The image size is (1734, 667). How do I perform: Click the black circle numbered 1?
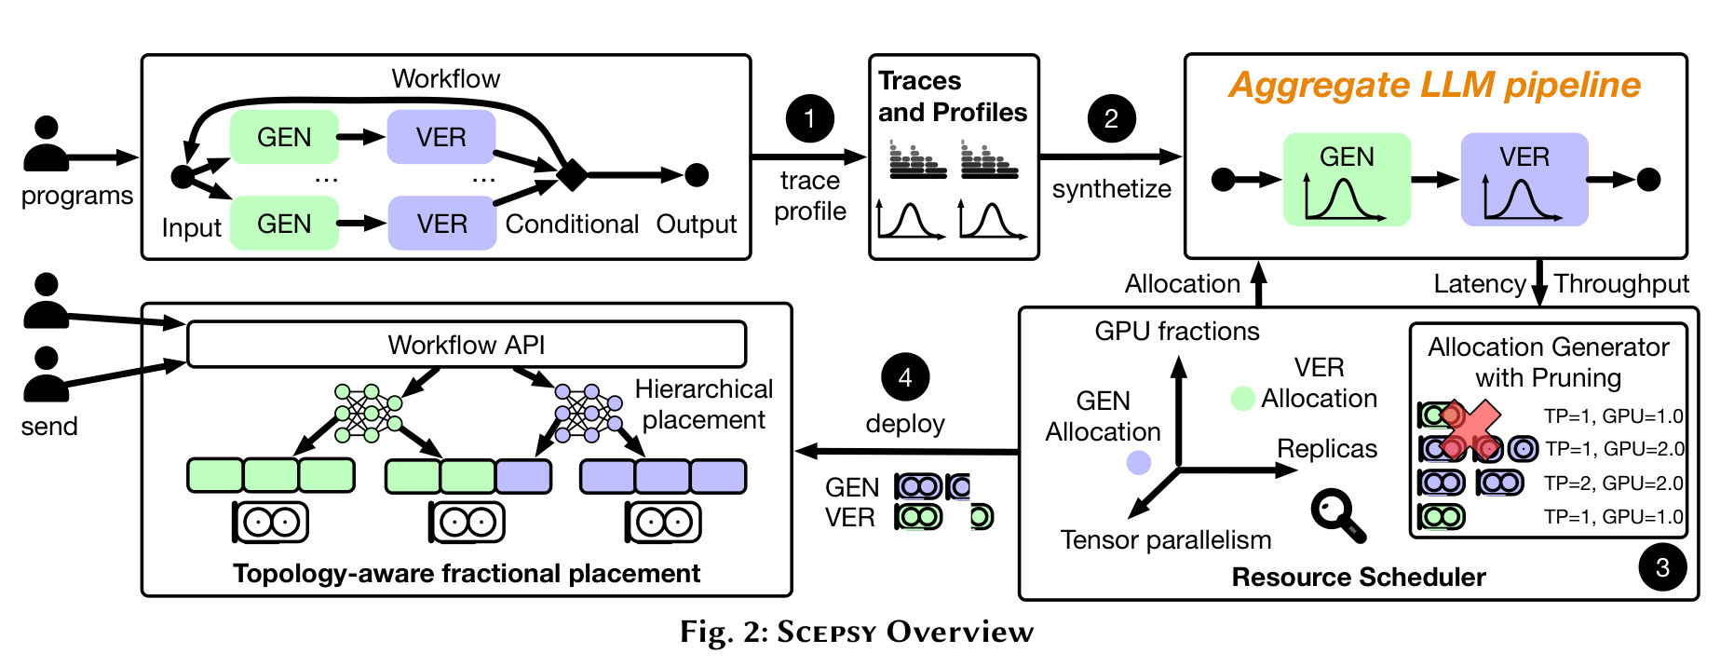809,118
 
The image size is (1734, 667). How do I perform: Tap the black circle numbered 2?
1111,118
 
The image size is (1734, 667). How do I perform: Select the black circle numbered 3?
1662,567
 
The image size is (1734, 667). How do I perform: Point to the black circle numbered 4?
904,377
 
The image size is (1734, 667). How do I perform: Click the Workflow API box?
467,345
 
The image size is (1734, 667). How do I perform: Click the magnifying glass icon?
1337,514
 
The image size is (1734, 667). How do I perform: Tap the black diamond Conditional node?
572,174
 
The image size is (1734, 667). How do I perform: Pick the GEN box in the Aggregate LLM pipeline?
1347,180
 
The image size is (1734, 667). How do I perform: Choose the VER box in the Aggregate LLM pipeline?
1524,180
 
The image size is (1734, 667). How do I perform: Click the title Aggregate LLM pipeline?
1434,85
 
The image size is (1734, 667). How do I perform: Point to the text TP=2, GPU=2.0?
1613,483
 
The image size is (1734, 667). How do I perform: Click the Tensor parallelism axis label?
1165,539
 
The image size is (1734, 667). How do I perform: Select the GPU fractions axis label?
1176,331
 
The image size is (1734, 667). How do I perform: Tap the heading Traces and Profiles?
952,97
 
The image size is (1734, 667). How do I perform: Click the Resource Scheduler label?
1358,577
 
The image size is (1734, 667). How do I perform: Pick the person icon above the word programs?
46,143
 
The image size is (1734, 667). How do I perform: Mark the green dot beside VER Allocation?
1242,399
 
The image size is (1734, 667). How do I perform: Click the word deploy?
904,424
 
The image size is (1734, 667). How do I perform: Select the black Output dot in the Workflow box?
697,174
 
